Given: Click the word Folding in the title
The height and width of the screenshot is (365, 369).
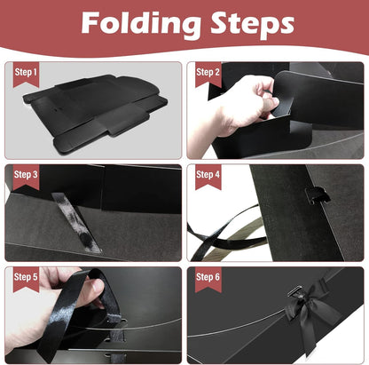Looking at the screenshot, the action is (x=140, y=24).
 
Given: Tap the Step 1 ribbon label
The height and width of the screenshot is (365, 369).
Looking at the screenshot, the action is (x=26, y=75).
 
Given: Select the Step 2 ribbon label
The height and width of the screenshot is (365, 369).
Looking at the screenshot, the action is (x=208, y=75).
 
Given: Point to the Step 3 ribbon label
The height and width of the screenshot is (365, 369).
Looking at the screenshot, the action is (x=26, y=177).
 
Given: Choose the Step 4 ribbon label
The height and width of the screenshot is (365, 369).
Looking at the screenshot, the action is (x=208, y=177).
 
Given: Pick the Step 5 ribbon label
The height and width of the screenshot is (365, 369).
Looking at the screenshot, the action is (x=26, y=280).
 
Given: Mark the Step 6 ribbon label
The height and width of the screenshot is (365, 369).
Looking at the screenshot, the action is (x=208, y=280).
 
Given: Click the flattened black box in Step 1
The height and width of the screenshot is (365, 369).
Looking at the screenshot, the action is (x=95, y=113).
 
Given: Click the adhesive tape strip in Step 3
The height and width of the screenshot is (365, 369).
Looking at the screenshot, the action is (x=76, y=222).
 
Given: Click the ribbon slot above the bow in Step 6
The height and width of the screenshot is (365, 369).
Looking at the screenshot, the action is (x=295, y=291).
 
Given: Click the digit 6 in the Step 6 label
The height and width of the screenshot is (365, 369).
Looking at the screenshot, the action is (x=217, y=277).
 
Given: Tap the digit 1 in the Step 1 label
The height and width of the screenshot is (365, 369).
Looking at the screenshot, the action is (x=35, y=72).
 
